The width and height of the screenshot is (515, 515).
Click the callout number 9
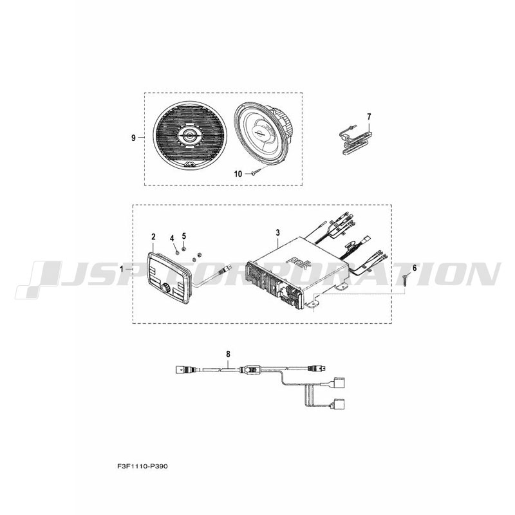tap(133, 138)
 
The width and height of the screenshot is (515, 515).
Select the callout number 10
tap(238, 174)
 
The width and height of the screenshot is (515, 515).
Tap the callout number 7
tap(369, 117)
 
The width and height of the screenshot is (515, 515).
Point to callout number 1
tap(121, 269)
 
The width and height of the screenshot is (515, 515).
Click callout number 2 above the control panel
tap(153, 236)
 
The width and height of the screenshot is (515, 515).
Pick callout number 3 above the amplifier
tap(278, 233)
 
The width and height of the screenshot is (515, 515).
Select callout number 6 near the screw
tap(415, 268)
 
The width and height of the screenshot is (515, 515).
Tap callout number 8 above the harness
tap(229, 353)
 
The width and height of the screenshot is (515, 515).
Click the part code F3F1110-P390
tap(142, 466)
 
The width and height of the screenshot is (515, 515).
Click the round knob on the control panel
tap(165, 288)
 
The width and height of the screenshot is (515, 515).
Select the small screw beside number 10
tap(257, 172)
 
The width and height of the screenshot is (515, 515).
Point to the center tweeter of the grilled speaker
tap(189, 135)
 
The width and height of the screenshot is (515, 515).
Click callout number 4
tap(171, 238)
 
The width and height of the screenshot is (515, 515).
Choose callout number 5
tap(184, 236)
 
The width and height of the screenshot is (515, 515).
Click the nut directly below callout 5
tap(183, 248)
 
